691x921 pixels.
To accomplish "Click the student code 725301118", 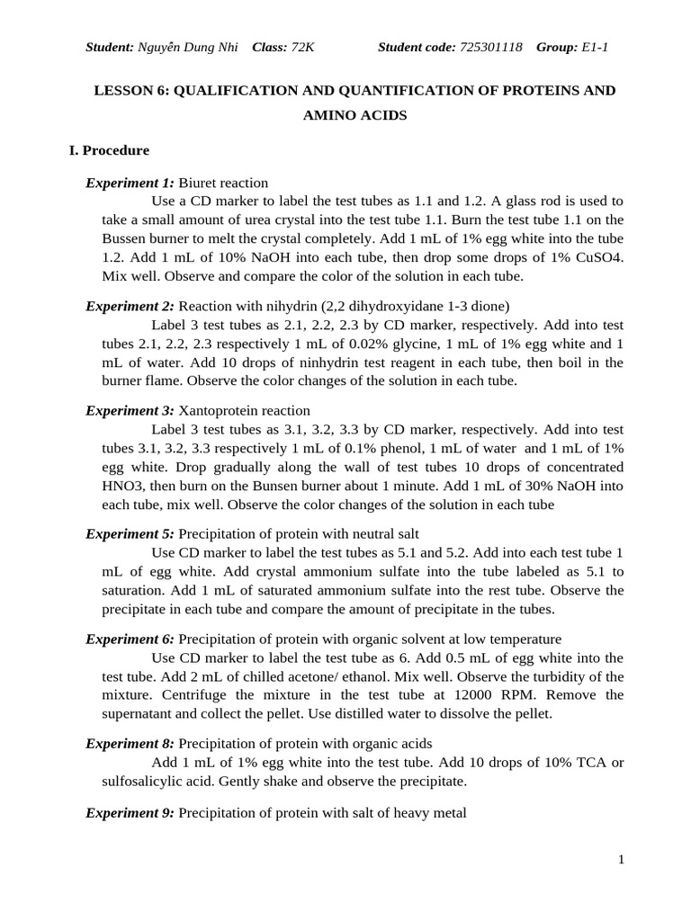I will pos(490,47).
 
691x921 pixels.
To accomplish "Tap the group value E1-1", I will pos(595,47).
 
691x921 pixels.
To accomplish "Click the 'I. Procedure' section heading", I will pos(109,150).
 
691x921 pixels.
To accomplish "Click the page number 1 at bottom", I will pos(621,860).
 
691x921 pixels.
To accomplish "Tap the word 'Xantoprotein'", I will pos(219,410).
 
